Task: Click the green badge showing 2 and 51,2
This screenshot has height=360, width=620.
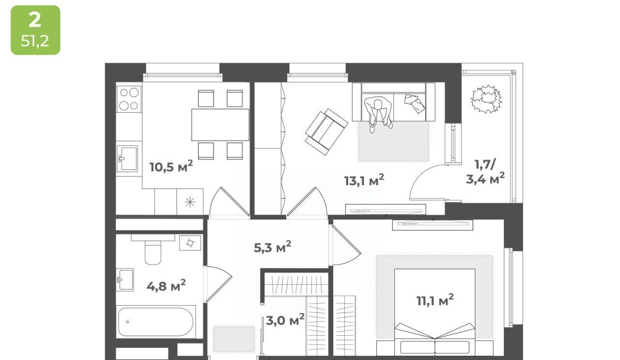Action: click(x=35, y=30)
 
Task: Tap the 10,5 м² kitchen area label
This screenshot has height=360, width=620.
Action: click(x=171, y=166)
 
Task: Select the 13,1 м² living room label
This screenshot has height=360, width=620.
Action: click(x=364, y=180)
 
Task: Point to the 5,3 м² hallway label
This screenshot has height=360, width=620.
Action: click(x=272, y=247)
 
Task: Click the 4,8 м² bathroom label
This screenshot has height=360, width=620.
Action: click(x=166, y=285)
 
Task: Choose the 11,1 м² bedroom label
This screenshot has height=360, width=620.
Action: click(x=435, y=300)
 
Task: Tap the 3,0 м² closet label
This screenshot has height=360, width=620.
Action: click(x=285, y=320)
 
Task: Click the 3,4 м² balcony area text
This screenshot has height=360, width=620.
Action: click(x=485, y=179)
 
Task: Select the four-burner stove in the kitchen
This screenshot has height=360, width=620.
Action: click(x=129, y=99)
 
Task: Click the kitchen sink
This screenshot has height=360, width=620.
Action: click(x=127, y=158)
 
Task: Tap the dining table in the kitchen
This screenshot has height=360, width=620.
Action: click(x=220, y=125)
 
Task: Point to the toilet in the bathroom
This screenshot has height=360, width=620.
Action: click(x=153, y=250)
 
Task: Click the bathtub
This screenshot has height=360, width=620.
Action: click(x=156, y=322)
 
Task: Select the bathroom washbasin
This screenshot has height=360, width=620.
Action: click(x=125, y=280)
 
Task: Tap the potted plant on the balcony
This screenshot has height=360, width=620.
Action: click(x=486, y=99)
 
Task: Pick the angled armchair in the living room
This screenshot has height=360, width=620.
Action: click(x=326, y=132)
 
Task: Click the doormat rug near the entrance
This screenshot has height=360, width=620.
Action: click(x=234, y=339)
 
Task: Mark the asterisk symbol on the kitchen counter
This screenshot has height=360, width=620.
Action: click(x=190, y=202)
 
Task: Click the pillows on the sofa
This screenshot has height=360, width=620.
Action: click(x=415, y=103)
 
